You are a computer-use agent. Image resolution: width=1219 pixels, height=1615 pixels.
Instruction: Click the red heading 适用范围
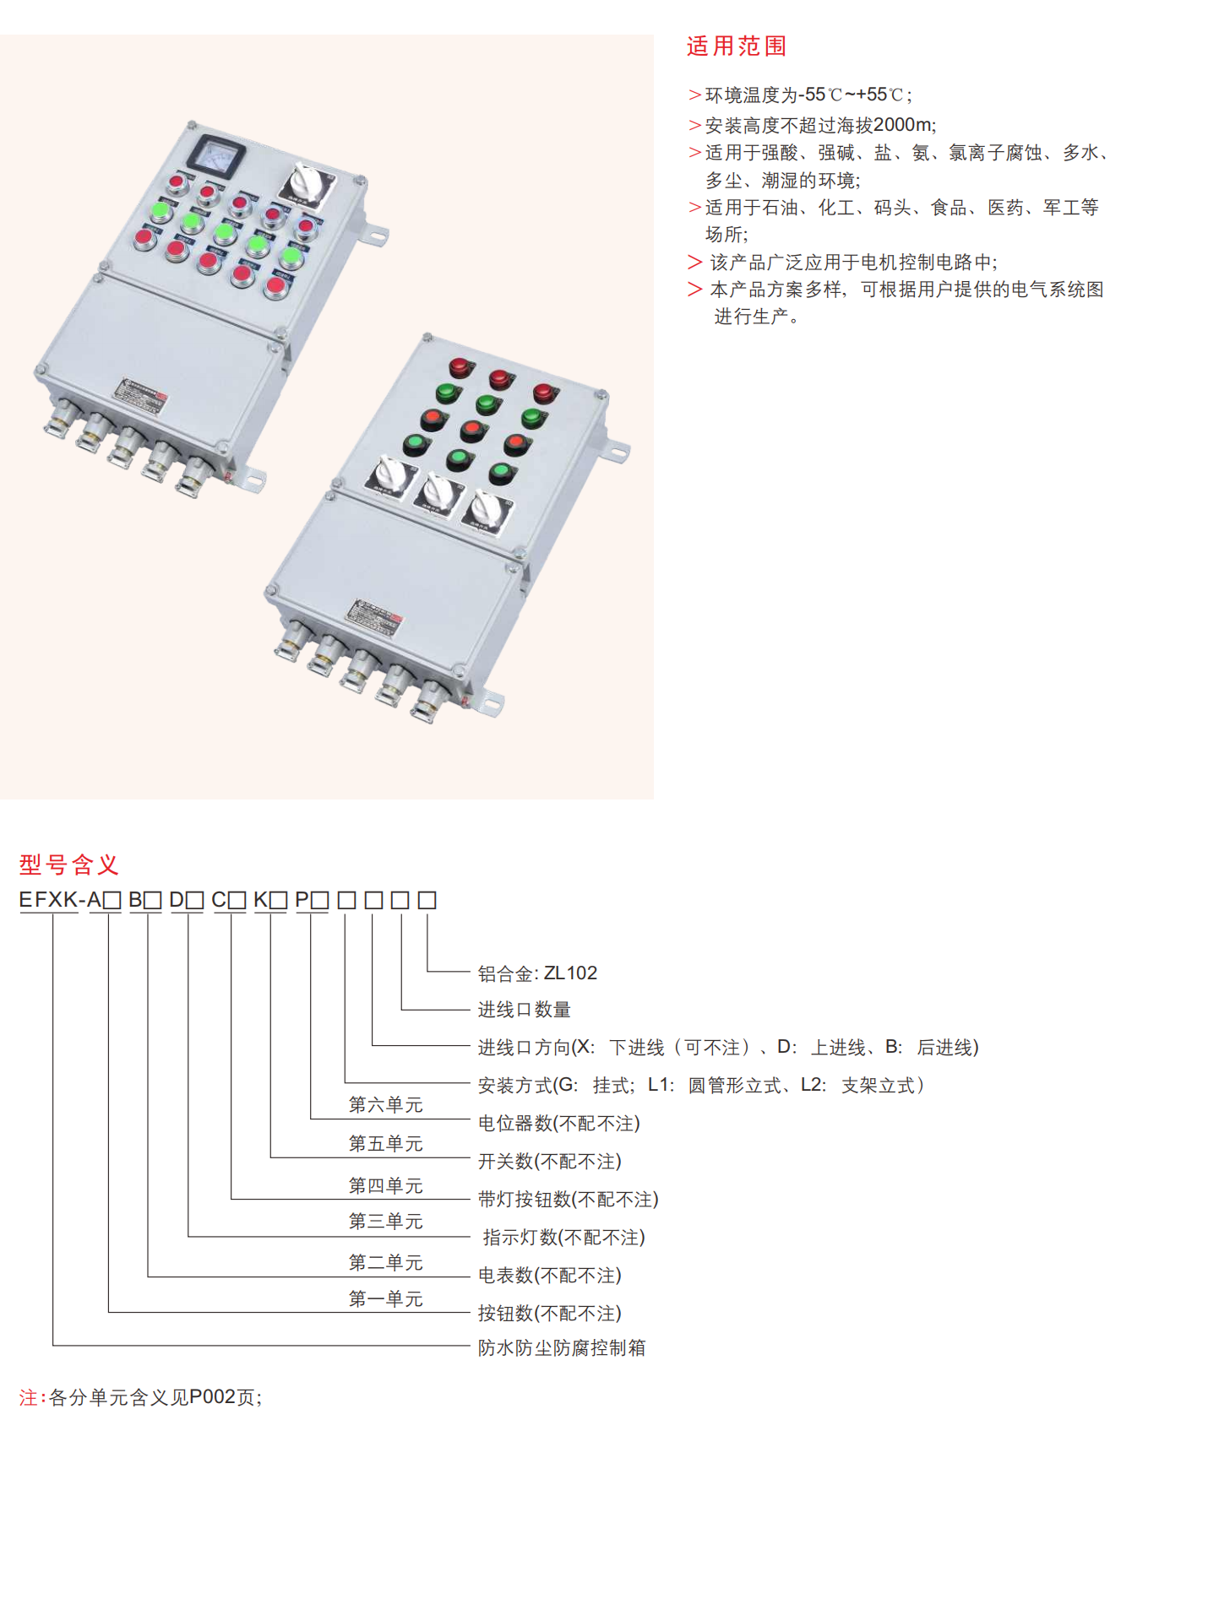coord(736,46)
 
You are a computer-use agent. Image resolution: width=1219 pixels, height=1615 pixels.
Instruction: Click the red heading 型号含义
coord(68,864)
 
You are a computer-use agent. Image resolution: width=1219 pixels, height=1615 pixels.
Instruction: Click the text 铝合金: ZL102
coord(537,973)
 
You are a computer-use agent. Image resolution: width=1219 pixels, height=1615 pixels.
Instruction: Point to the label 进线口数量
coord(524,1009)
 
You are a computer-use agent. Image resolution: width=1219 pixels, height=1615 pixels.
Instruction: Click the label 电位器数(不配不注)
coord(558,1123)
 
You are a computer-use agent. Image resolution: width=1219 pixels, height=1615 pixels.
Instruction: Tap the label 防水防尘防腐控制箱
coord(561,1347)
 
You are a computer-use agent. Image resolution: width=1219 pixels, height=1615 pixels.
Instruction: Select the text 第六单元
coord(385,1104)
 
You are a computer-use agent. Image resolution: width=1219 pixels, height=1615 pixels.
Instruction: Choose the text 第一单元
coord(385,1298)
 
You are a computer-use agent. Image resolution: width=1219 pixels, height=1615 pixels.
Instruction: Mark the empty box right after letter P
coord(319,901)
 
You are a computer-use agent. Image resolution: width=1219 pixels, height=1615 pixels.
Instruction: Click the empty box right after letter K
coord(278,901)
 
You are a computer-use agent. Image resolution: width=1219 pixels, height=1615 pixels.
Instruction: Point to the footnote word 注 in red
coord(28,1397)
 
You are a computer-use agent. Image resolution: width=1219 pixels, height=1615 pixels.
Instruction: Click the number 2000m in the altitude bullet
coord(902,125)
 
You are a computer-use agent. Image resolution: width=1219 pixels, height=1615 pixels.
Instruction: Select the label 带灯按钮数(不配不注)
coord(568,1199)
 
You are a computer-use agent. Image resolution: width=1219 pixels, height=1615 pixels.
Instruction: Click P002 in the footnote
coord(212,1397)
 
